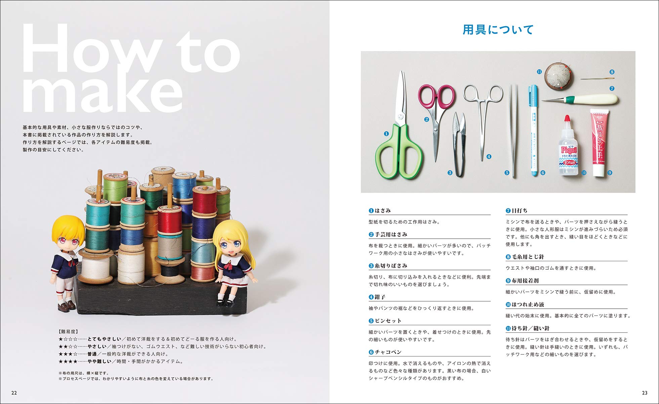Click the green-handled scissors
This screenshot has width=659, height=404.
click(398, 148)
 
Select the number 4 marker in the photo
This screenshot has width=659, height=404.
click(489, 157)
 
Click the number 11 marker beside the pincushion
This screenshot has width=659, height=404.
click(539, 72)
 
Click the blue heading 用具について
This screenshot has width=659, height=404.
click(498, 30)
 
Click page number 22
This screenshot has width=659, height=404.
click(14, 393)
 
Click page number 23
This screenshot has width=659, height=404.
click(645, 393)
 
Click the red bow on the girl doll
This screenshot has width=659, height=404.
click(230, 266)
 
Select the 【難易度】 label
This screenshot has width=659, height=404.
click(68, 332)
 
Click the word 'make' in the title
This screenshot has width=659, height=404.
click(102, 93)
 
